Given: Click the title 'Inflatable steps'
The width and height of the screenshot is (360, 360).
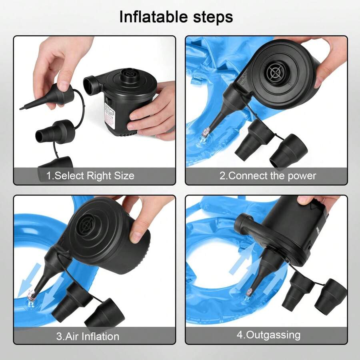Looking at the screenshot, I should pos(176,17).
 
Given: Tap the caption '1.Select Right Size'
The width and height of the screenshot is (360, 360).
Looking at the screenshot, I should pos(90,176).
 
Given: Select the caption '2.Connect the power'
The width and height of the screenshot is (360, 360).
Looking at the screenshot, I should pos(268,176).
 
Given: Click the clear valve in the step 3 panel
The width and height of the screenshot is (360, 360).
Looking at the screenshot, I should pos(30,298).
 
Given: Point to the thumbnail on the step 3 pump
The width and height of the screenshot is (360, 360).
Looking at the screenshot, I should pos(136,236).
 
